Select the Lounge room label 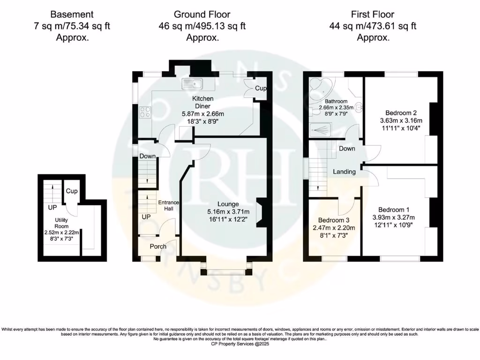(x=228, y=204)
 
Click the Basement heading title (x=72, y=15)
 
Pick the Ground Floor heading (x=202, y=15)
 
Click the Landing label (x=344, y=172)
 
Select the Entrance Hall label (x=167, y=205)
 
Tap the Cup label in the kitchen (x=260, y=88)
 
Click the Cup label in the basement (x=71, y=191)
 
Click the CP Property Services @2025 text (x=240, y=344)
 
